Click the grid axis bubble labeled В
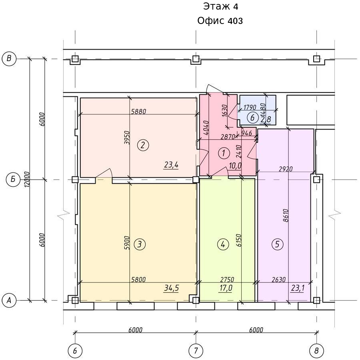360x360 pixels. [9, 58]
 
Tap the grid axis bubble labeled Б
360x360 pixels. [13, 179]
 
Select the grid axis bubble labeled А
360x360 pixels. [9, 300]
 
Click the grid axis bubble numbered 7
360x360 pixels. [196, 351]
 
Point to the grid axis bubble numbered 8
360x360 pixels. [317, 351]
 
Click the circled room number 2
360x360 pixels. [143, 145]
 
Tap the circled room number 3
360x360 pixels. [140, 244]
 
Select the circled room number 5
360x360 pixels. [277, 244]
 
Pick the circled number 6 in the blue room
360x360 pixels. [252, 118]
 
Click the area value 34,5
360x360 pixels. [171, 288]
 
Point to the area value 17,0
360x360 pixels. [226, 288]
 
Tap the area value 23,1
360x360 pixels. [298, 288]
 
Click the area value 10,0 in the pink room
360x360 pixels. [235, 166]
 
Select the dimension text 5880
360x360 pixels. [139, 112]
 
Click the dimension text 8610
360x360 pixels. [286, 215]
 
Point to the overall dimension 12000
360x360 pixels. [27, 179]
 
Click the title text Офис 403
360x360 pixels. [220, 21]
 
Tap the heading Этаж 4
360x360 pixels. [220, 7]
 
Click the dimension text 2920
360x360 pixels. [286, 169]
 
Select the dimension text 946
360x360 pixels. [247, 133]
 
